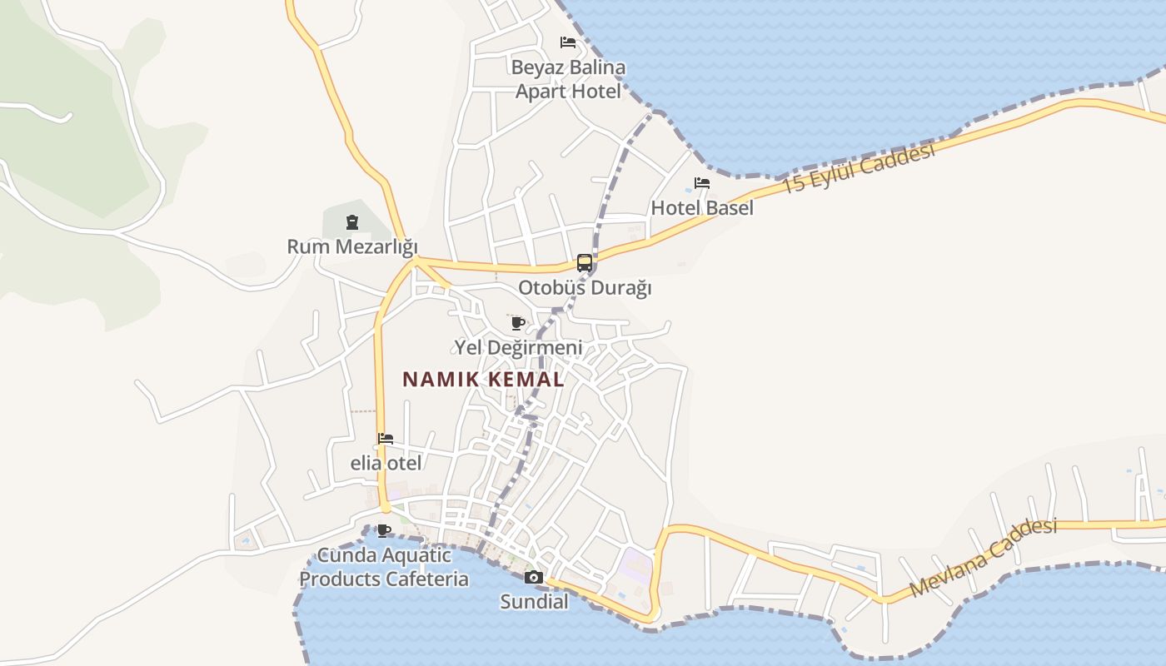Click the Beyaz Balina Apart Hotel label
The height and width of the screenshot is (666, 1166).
569,79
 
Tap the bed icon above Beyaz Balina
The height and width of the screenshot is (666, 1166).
568,42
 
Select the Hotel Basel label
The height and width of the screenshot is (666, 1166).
702,207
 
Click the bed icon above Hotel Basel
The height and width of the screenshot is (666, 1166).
702,183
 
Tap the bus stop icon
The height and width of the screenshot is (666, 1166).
585,263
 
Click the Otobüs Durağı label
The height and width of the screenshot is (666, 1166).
585,288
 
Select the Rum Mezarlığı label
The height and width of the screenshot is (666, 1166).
351,246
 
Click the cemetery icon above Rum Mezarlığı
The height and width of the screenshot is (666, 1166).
352,222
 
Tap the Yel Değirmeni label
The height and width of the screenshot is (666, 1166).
517,347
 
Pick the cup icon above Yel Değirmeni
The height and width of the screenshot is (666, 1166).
517,323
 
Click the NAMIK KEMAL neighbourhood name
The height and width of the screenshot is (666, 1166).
483,380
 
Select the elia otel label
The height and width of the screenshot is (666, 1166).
386,463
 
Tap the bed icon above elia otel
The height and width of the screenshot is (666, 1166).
385,439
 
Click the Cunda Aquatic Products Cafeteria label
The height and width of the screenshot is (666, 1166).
384,567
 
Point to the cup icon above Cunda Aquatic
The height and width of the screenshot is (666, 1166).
384,530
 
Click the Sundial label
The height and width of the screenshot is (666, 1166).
534,601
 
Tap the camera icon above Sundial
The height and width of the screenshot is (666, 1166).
534,577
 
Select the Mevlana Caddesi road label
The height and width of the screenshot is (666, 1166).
984,558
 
